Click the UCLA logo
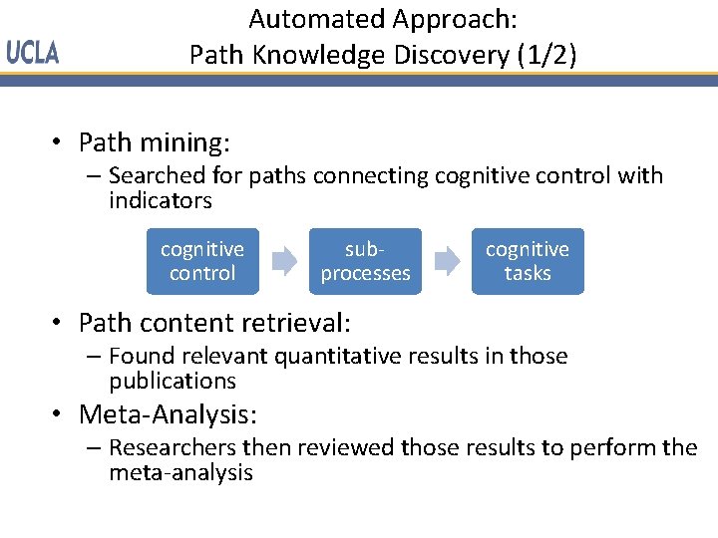click(x=33, y=54)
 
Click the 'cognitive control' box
click(x=202, y=261)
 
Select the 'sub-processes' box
click(x=365, y=261)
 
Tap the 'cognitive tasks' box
click(x=528, y=261)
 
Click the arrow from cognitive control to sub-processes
click(x=284, y=262)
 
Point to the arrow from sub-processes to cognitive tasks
click(x=447, y=262)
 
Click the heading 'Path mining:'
click(x=155, y=142)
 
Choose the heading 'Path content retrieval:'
click(x=214, y=323)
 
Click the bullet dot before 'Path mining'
click(x=60, y=144)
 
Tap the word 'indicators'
click(x=161, y=201)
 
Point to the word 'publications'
click(x=173, y=381)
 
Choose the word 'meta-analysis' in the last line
click(x=181, y=472)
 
